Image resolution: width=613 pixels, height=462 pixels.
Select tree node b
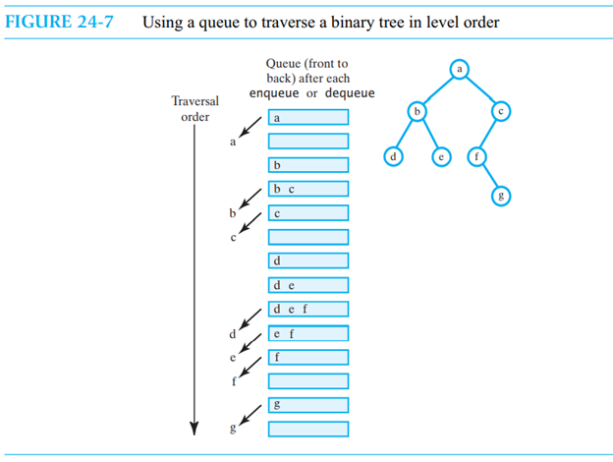click(419, 112)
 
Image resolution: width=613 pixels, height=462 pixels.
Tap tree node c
click(501, 112)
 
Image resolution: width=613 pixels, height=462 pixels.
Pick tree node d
click(393, 156)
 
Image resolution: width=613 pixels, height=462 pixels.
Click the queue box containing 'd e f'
click(307, 309)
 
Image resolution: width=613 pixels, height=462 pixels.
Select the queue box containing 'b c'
click(307, 188)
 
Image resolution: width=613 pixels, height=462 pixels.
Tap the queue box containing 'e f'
click(307, 333)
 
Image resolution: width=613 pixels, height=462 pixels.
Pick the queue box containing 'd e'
click(307, 285)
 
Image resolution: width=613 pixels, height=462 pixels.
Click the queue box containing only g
click(307, 405)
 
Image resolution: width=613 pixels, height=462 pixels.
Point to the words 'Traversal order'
click(195, 109)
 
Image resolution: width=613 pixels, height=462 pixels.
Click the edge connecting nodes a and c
click(480, 89)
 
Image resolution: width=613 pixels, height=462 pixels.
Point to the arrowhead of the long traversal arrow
click(195, 427)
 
